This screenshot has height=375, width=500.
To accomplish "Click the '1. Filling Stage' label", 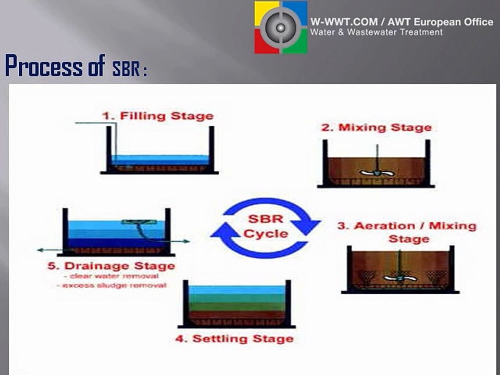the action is (x=158, y=116).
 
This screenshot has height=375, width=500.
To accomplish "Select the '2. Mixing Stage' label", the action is (x=376, y=127).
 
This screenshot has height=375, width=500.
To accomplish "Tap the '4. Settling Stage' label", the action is (x=235, y=339).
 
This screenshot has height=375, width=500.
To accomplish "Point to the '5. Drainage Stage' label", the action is (x=111, y=266).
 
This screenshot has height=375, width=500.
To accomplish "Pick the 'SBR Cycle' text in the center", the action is (x=266, y=226).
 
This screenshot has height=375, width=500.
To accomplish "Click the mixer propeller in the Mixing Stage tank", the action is (x=377, y=173).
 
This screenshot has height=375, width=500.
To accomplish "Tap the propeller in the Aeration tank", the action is (x=400, y=278).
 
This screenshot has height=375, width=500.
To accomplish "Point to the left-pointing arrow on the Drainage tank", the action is (x=50, y=251).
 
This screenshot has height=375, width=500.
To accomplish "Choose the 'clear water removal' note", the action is (x=114, y=276).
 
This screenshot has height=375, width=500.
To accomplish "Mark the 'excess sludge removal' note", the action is (x=111, y=285).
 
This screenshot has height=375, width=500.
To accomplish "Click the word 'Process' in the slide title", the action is (x=44, y=66).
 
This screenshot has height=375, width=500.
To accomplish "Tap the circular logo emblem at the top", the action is (x=281, y=28).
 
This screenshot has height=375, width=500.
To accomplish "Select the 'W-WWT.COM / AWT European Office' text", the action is (x=402, y=22).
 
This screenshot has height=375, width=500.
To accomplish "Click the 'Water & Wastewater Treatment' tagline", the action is (x=376, y=32).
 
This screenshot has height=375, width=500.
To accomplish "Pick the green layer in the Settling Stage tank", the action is (x=236, y=303).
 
